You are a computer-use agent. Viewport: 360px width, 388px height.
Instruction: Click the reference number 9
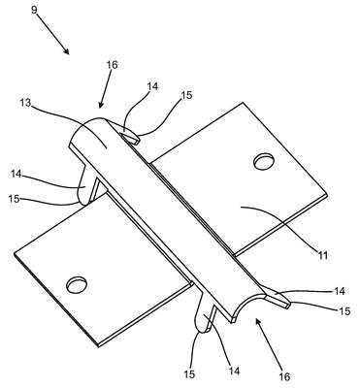[x=34, y=10]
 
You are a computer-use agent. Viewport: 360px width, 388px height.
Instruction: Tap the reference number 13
[x=25, y=103]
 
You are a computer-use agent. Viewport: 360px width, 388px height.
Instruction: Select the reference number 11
[x=322, y=255]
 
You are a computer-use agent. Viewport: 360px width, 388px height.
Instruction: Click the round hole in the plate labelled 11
[x=265, y=162]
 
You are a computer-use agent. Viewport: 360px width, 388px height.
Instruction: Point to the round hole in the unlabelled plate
[x=77, y=285]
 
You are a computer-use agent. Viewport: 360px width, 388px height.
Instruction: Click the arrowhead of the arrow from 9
[x=66, y=51]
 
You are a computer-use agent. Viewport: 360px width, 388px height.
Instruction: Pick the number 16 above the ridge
[x=112, y=65]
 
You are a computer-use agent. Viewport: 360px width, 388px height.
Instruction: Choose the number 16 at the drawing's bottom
[x=284, y=376]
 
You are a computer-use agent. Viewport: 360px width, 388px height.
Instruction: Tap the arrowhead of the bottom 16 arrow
[x=258, y=322]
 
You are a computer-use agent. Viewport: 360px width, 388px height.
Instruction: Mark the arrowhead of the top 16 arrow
[x=101, y=104]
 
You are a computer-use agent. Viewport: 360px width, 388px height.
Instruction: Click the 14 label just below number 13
[x=16, y=174]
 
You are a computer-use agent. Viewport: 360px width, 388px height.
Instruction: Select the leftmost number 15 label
[x=14, y=199]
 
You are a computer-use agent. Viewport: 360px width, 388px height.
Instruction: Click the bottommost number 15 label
[x=190, y=374]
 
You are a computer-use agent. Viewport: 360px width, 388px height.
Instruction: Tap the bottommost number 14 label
[x=234, y=371]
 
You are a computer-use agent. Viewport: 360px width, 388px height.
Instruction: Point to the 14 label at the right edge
[x=339, y=291]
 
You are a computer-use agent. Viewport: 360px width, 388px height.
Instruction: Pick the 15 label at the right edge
[x=344, y=311]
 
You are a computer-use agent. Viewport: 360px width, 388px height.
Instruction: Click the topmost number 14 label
[x=152, y=86]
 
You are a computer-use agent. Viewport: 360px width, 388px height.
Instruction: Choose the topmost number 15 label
[x=186, y=95]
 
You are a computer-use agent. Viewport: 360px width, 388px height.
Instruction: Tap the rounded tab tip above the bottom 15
[x=203, y=327]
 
